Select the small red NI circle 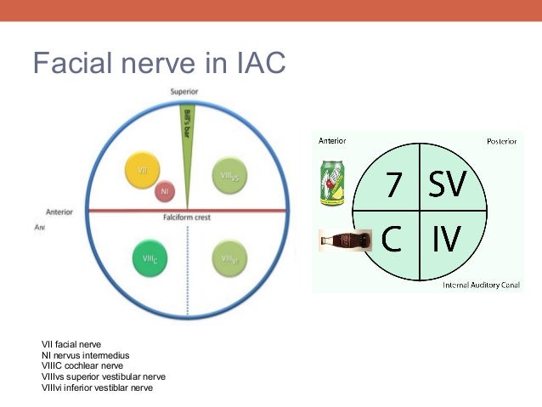pyautogui.click(x=166, y=192)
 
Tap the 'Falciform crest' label pyautogui.click(x=188, y=218)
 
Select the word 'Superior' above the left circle pyautogui.click(x=185, y=92)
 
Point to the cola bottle pyautogui.click(x=346, y=241)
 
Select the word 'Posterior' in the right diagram pyautogui.click(x=501, y=141)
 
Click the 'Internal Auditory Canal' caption pyautogui.click(x=480, y=285)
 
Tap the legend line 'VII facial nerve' pyautogui.click(x=71, y=344)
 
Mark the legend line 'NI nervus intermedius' pyautogui.click(x=86, y=355)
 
